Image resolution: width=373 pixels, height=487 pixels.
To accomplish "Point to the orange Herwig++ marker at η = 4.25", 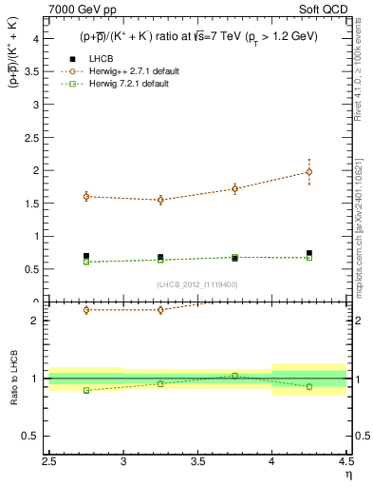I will (x=308, y=172).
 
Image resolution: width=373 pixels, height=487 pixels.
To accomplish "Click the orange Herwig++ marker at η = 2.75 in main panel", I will (x=86, y=197).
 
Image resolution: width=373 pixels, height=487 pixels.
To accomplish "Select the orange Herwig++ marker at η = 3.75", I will (x=234, y=188).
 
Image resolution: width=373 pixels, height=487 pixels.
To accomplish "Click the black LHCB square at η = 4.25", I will (x=308, y=253).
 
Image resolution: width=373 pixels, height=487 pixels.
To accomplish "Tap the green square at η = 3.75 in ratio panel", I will (x=234, y=376).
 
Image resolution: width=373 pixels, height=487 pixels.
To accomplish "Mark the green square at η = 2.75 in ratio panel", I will (x=86, y=390).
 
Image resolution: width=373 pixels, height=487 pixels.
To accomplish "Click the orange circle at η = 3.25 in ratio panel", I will (x=160, y=310).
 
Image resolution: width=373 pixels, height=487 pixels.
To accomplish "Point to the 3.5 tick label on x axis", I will (x=198, y=461).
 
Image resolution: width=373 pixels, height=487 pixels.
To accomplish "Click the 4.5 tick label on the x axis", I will (x=345, y=461).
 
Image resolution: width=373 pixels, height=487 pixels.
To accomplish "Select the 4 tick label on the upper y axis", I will (x=34, y=39).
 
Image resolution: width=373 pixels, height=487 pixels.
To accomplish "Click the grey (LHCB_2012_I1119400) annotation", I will (x=196, y=284).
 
